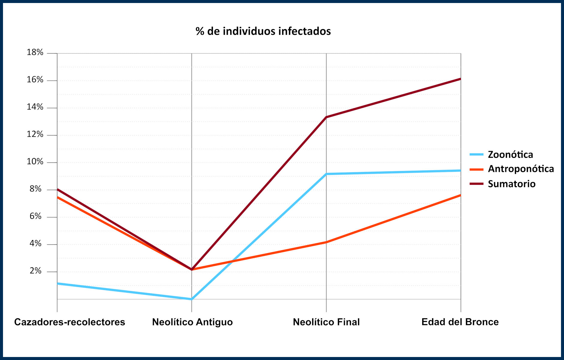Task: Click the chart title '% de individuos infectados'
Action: pos(263,31)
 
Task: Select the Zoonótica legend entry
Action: pos(510,154)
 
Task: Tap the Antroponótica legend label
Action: pos(521,169)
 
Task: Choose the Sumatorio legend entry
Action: pos(511,184)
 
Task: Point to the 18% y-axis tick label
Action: pos(35,52)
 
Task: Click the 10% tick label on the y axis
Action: pos(35,162)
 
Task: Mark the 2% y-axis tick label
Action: pos(35,271)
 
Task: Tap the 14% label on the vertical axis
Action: pos(35,107)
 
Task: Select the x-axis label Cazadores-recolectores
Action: pos(70,322)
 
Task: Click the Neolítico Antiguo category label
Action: pos(192,322)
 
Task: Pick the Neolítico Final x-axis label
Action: pos(326,322)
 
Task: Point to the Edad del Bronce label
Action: pos(460,322)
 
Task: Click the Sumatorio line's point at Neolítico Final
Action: pos(326,117)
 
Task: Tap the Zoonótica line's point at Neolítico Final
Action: pos(326,174)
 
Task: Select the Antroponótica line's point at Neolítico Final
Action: pos(326,242)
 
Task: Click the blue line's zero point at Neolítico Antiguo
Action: pos(192,299)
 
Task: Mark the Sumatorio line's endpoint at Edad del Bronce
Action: pos(460,79)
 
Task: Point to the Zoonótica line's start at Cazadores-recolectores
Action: pos(58,283)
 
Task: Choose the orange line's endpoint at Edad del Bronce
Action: pos(460,195)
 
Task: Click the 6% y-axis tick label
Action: pos(35,216)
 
